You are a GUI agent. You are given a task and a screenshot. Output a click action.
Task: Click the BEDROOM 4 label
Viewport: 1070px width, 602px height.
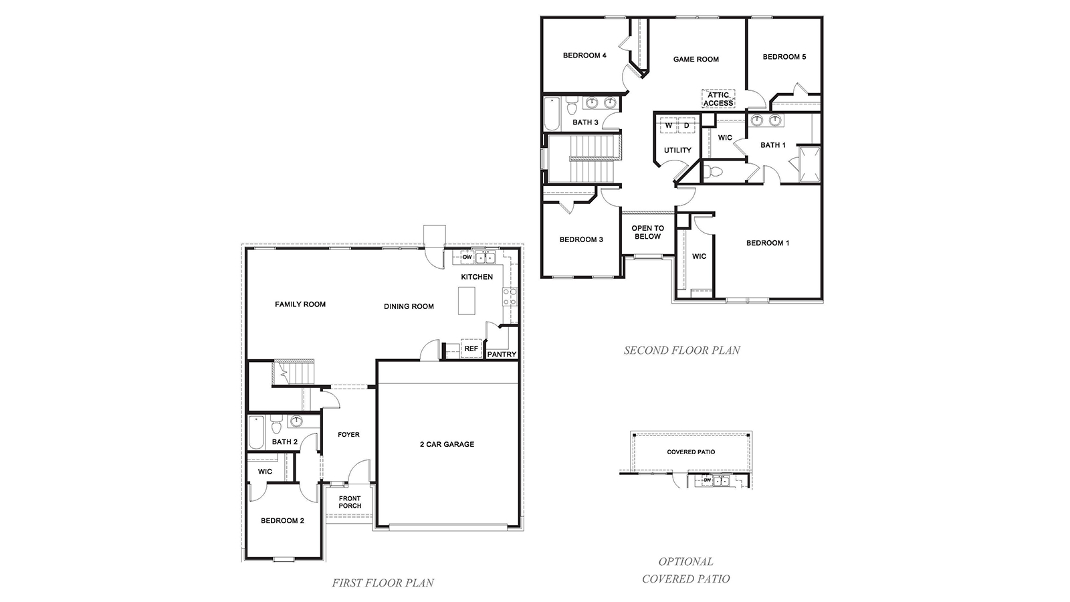click(584, 56)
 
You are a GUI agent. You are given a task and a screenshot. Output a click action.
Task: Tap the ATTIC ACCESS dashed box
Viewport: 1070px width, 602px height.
click(718, 99)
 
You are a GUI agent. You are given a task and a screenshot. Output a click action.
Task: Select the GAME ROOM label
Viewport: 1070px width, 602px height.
click(695, 60)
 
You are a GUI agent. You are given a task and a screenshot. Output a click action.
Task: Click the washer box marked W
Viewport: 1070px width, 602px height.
click(668, 126)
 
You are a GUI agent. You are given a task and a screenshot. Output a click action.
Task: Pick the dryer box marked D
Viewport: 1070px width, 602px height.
click(686, 126)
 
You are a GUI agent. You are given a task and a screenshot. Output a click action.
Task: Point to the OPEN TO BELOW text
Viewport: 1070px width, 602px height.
click(647, 232)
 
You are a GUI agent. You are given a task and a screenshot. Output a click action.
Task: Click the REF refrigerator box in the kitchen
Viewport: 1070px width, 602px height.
click(471, 349)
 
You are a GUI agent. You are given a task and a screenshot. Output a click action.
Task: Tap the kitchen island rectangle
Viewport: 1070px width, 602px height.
click(466, 300)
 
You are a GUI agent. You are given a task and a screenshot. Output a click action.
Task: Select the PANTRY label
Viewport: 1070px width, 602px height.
click(502, 355)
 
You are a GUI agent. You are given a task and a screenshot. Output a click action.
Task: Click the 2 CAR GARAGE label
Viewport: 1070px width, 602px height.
click(447, 444)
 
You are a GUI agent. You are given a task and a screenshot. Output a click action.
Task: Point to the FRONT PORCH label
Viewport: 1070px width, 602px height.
click(349, 502)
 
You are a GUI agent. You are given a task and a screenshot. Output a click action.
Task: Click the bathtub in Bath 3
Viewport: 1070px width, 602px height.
click(551, 114)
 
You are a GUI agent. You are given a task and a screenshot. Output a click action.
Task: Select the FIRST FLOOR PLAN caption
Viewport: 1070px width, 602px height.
click(383, 583)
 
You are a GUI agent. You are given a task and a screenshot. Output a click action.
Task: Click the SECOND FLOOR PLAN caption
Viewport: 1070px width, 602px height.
click(681, 350)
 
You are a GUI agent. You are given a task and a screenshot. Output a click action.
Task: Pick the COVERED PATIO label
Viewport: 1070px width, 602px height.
click(691, 452)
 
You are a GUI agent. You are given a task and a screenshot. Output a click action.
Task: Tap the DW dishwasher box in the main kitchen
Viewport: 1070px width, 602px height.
click(467, 258)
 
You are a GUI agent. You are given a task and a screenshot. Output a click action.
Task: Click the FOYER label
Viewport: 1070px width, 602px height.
click(348, 435)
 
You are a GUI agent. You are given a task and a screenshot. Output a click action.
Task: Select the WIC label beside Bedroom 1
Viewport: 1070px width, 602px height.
click(699, 256)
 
